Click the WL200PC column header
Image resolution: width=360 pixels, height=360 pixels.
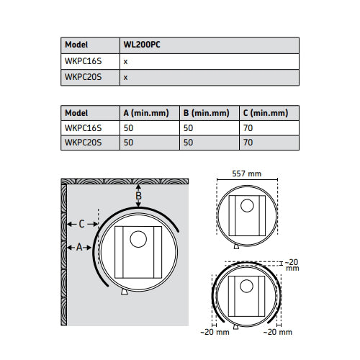coord(142,45)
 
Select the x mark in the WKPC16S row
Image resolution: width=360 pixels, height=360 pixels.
coord(125,62)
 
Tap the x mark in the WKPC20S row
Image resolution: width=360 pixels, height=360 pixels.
coord(125,78)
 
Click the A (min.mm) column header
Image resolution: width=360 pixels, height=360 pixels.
coord(146,113)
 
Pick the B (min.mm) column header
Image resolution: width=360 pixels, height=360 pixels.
coord(206,113)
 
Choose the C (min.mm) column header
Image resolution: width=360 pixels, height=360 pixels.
coord(266,113)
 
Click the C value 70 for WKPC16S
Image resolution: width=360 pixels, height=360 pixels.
coord(248,128)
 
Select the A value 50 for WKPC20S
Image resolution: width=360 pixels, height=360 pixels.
coord(128,143)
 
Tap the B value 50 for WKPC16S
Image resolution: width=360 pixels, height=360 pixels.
coord(188,128)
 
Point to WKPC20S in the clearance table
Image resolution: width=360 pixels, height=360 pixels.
coord(83,143)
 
